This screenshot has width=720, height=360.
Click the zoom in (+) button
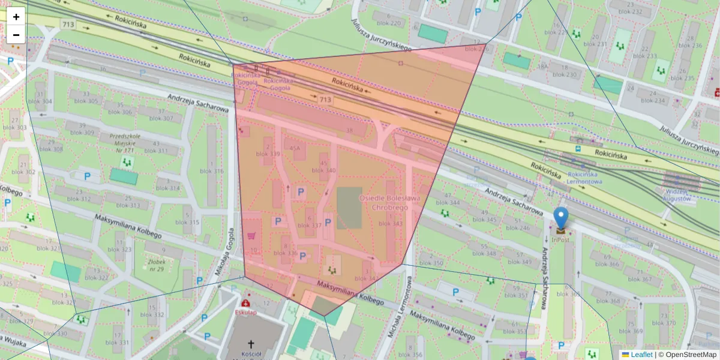16,17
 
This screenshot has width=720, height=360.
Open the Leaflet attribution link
640,355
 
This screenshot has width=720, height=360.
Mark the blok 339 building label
268,154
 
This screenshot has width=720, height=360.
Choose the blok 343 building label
391,224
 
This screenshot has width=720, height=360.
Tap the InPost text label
560,240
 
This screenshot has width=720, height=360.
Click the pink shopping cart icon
250,235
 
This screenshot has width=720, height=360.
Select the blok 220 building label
389,23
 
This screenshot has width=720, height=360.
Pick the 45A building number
295,148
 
